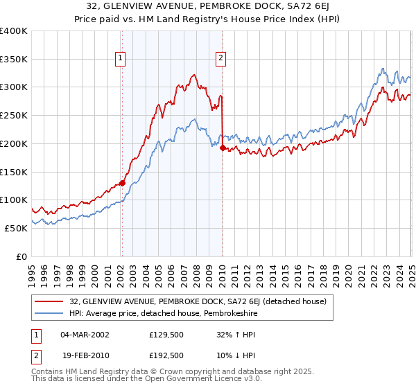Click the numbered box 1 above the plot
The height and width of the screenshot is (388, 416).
[x=121, y=59]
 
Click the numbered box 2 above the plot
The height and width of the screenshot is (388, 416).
[x=220, y=59]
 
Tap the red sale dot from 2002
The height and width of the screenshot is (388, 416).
[x=122, y=183]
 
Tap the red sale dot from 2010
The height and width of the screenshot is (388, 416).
[x=223, y=148]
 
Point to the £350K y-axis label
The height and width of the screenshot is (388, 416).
[x=14, y=60]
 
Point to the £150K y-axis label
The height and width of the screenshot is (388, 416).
[x=14, y=172]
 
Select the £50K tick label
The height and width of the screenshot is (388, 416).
[x=17, y=228]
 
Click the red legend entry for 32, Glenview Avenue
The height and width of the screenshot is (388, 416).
[x=202, y=301]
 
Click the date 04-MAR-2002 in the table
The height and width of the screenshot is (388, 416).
[x=85, y=335]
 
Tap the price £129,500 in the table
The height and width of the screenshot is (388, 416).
[x=166, y=335]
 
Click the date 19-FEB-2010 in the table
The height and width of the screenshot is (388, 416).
[x=85, y=355]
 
